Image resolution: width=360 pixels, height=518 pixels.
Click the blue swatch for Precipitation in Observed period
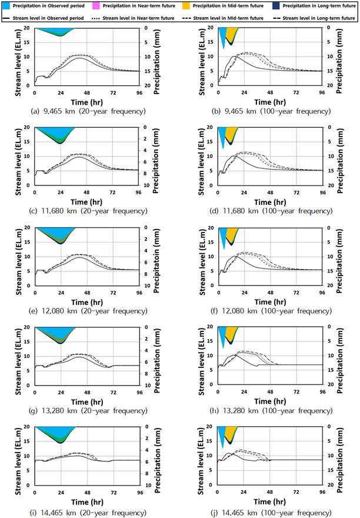[6, 6]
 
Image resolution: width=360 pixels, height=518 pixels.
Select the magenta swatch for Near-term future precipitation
[96, 6]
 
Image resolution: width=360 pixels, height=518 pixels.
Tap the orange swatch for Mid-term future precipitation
[186, 6]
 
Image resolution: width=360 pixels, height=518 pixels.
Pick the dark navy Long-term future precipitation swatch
[276, 6]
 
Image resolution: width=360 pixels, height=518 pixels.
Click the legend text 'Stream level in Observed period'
[48, 18]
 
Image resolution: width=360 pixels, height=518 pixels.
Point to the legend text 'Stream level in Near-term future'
[138, 18]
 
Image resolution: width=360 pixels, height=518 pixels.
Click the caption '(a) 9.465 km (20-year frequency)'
[88, 111]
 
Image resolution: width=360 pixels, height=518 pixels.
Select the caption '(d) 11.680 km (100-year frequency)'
[271, 211]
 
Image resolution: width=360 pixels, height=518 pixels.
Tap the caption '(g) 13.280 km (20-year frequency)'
[88, 411]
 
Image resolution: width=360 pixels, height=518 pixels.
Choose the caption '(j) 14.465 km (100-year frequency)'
[271, 513]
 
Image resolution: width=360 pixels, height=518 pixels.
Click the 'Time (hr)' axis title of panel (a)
[87, 102]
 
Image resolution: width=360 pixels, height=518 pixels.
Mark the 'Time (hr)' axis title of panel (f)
[270, 302]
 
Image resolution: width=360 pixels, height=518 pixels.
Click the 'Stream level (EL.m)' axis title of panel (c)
[18, 162]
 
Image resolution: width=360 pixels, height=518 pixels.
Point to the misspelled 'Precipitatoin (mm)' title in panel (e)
[156, 261]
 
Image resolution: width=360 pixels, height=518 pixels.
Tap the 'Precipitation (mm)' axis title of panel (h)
[339, 360]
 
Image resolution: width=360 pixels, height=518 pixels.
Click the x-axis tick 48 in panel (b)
[270, 93]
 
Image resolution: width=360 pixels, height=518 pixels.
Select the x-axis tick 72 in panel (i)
[114, 493]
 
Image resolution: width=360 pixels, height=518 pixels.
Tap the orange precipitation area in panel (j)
[232, 432]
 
